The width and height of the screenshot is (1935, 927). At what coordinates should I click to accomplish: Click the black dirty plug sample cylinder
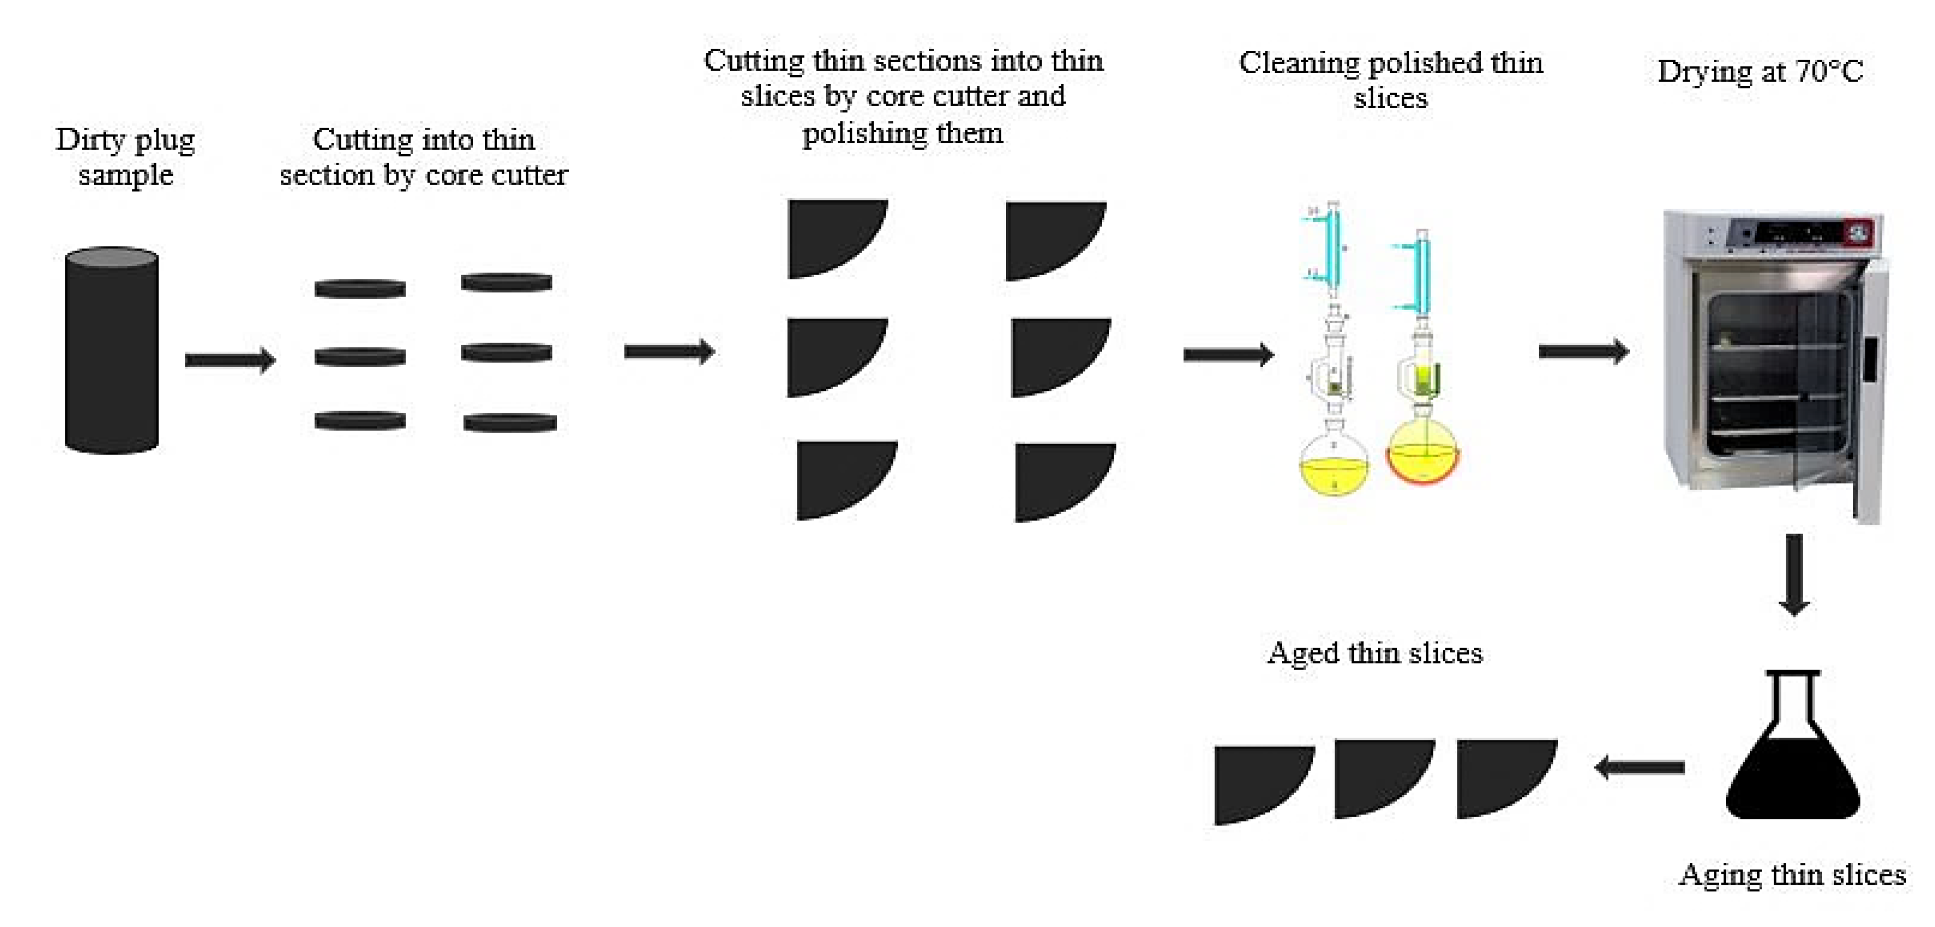pos(111,361)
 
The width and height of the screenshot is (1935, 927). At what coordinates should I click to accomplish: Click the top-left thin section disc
pos(360,289)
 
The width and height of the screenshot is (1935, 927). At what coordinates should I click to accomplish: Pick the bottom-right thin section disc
pos(509,423)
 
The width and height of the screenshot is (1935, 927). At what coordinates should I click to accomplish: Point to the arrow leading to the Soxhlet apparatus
pos(1228,354)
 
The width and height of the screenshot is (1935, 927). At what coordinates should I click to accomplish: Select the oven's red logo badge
pos(1858,232)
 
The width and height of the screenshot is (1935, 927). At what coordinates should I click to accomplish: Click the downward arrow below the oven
pos(1794,575)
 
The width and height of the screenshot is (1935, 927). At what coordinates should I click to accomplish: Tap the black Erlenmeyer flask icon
pos(1792,759)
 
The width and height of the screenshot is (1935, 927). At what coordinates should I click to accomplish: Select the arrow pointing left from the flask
pos(1639,767)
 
